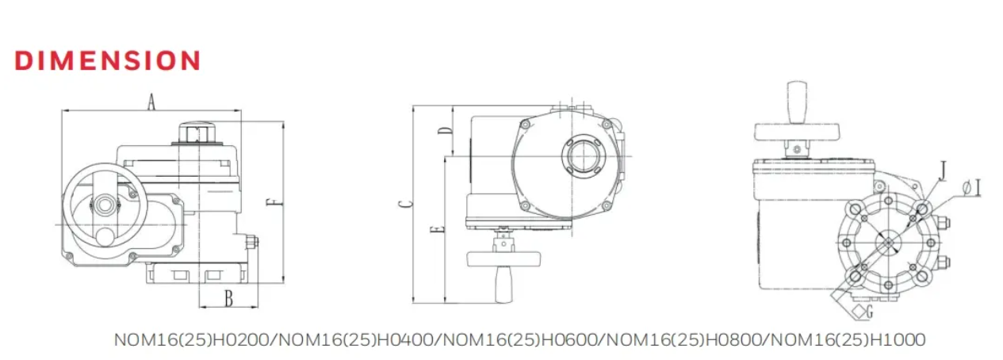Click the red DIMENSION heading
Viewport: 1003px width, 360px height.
point(108,60)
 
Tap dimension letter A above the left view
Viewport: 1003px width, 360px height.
point(151,101)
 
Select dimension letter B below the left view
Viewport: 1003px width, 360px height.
point(229,298)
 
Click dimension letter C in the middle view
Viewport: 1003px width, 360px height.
point(405,204)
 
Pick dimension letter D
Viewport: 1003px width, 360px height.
point(444,131)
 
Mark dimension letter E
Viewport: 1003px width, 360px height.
point(437,229)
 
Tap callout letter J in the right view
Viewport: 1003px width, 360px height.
point(943,170)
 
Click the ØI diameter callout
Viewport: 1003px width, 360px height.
point(970,188)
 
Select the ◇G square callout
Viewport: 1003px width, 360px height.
point(863,311)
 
